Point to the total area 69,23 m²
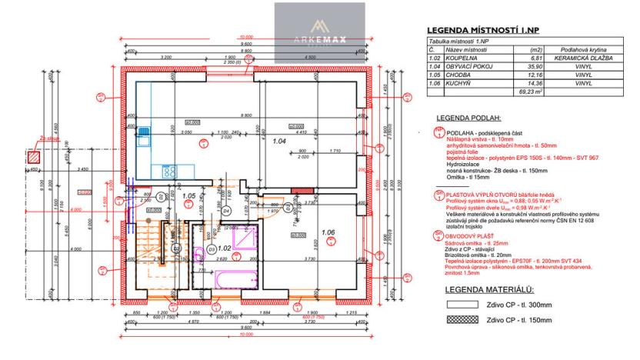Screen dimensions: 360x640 pos(527,92)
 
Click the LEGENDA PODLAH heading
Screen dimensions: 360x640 pos(468,118)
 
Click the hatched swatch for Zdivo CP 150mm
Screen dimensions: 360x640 pos(453,318)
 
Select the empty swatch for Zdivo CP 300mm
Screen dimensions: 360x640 pos(453,305)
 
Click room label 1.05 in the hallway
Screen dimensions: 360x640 pos(188,196)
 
